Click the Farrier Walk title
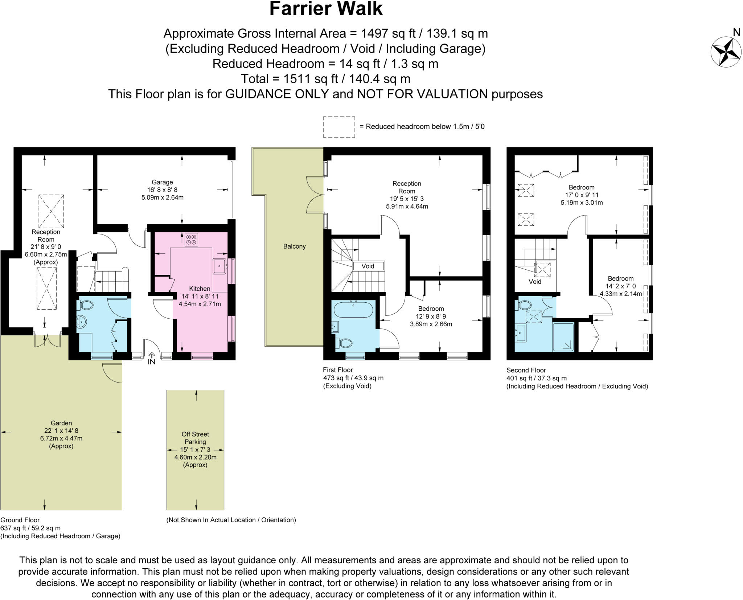tap(325, 9)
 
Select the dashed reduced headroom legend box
tap(339, 127)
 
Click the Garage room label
tap(162, 182)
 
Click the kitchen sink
tap(219, 266)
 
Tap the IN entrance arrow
tap(151, 359)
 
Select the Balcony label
tap(294, 246)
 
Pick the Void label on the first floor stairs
tap(368, 266)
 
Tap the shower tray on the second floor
tap(563, 337)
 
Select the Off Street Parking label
tap(195, 438)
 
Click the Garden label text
tap(61, 423)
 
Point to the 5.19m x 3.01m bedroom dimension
tap(582, 203)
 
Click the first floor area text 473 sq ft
tap(337, 378)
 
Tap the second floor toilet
tap(524, 305)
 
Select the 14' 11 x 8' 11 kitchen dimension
tap(200, 296)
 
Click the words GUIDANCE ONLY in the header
tap(277, 94)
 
